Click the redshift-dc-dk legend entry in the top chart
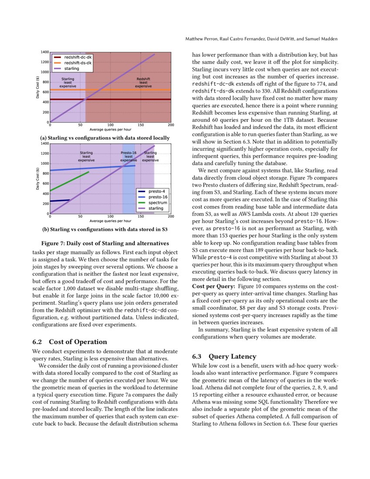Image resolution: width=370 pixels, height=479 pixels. point(78,57)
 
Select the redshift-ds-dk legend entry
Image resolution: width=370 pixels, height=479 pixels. point(78,63)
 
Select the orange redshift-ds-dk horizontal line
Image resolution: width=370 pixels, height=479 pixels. point(131,90)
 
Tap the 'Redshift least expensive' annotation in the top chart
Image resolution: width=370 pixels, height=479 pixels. point(143,83)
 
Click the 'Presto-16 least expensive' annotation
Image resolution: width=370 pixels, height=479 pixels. point(128,157)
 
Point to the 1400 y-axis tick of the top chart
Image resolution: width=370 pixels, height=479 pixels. point(44,52)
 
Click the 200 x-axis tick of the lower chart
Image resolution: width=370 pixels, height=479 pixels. point(171,216)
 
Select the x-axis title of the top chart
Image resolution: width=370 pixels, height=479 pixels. point(111,129)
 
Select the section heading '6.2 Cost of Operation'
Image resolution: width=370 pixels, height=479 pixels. point(70,341)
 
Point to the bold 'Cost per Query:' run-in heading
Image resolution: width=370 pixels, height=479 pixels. point(214,286)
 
